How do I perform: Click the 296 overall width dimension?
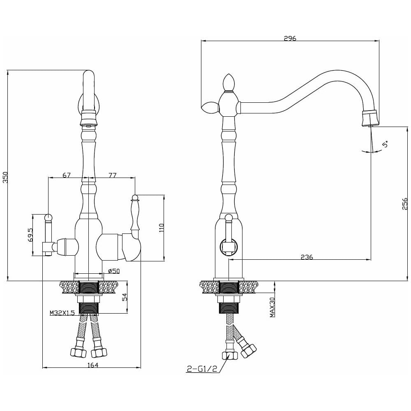click(290, 38)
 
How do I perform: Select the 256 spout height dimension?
click(404, 204)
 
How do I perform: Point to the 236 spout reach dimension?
click(307, 257)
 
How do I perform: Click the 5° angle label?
click(386, 144)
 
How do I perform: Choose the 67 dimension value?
click(67, 175)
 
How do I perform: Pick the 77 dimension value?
click(112, 175)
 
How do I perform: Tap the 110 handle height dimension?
click(161, 228)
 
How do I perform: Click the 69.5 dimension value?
click(31, 235)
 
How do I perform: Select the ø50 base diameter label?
click(114, 271)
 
